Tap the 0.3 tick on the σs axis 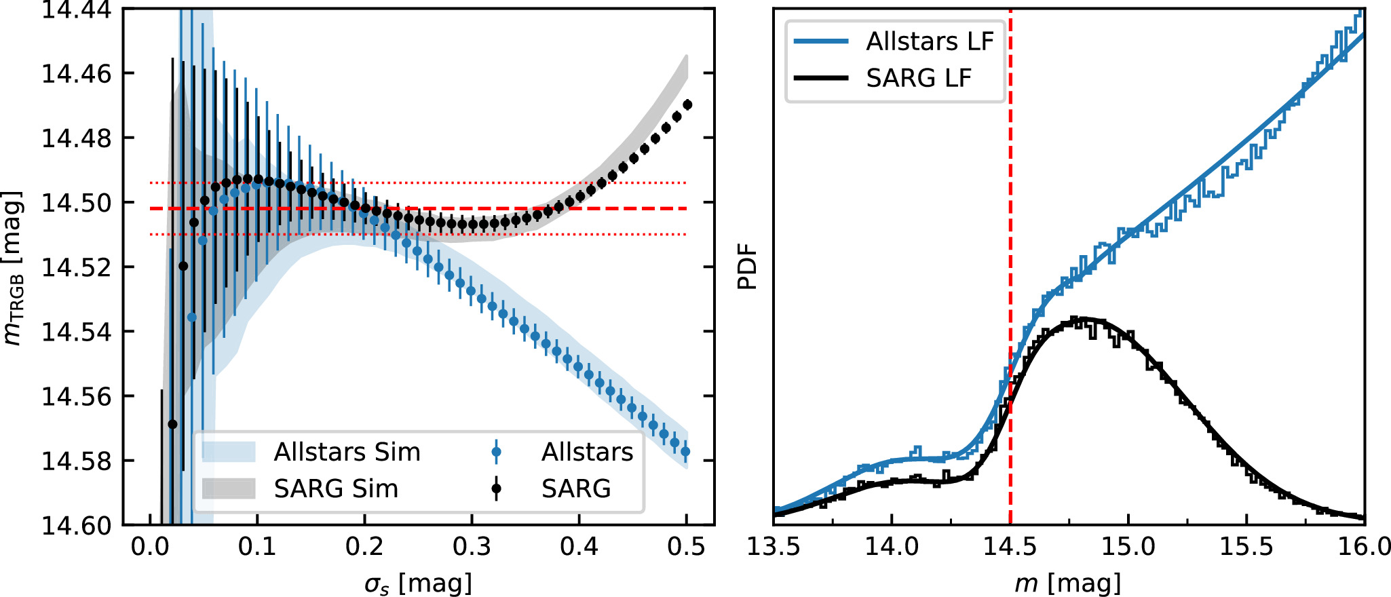pyautogui.click(x=472, y=546)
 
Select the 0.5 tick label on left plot pyautogui.click(x=686, y=546)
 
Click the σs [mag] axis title pyautogui.click(x=417, y=583)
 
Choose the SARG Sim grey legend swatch pyautogui.click(x=229, y=488)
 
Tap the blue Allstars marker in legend pyautogui.click(x=496, y=452)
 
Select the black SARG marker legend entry pyautogui.click(x=496, y=488)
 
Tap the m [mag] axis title pyautogui.click(x=1068, y=583)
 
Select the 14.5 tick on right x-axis pyautogui.click(x=1010, y=546)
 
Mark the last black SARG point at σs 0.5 pyautogui.click(x=687, y=104)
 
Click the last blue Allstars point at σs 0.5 pyautogui.click(x=685, y=451)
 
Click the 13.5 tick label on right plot pyautogui.click(x=774, y=546)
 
